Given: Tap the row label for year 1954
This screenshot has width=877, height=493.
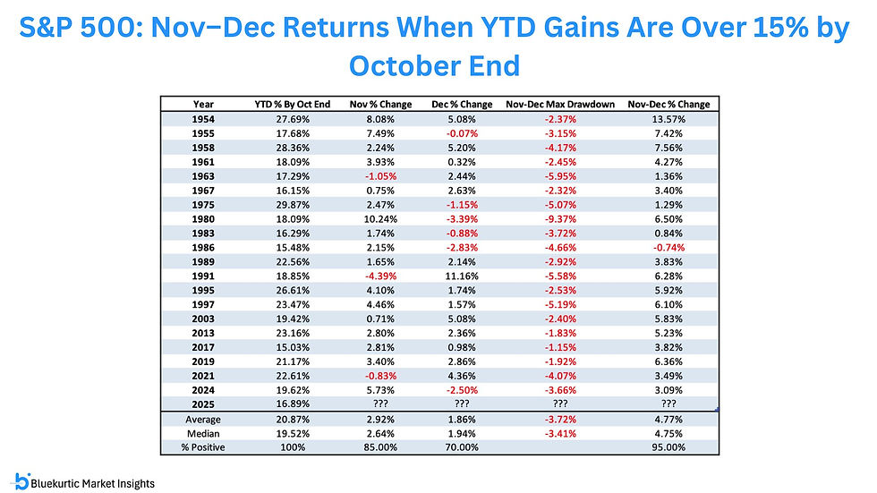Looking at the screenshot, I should click(202, 117).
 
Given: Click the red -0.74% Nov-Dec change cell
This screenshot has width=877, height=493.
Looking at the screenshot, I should click(669, 246).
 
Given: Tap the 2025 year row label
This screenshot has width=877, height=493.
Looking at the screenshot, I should click(202, 404).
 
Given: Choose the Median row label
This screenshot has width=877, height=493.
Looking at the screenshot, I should click(202, 433).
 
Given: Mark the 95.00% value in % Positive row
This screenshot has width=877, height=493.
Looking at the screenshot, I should click(669, 447).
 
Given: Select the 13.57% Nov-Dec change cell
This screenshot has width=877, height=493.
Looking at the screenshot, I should click(669, 117).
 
